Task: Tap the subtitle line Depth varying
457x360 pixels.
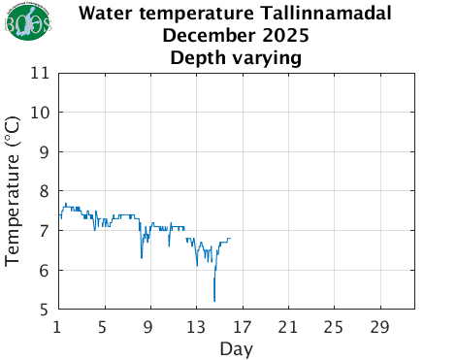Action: [237, 58]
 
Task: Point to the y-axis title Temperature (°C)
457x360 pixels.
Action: [14, 191]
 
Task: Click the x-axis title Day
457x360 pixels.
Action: [237, 347]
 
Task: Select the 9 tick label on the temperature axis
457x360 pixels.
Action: [45, 152]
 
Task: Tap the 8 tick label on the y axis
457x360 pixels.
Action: [45, 192]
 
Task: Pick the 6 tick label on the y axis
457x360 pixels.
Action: [45, 271]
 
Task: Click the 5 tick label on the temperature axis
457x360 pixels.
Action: [45, 311]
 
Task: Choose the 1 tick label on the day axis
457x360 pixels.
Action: [59, 326]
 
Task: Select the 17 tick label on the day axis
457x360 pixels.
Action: [242, 326]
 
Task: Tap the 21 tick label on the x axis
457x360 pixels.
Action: [287, 326]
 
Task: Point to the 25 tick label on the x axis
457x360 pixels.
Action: [333, 326]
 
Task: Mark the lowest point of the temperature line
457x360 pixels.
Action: [214, 302]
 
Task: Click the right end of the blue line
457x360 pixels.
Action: [230, 239]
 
